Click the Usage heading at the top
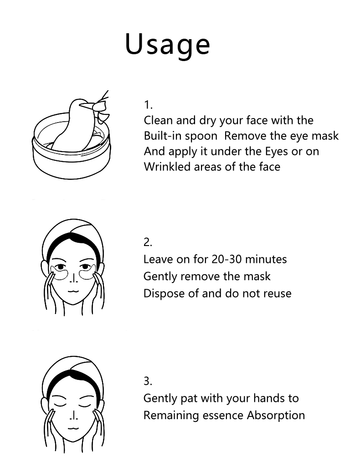click(x=167, y=45)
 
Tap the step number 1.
click(x=148, y=105)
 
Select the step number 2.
click(x=148, y=242)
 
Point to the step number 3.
click(x=148, y=381)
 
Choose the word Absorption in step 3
click(x=276, y=416)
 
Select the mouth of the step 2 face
click(x=73, y=291)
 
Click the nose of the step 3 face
click(x=73, y=416)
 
